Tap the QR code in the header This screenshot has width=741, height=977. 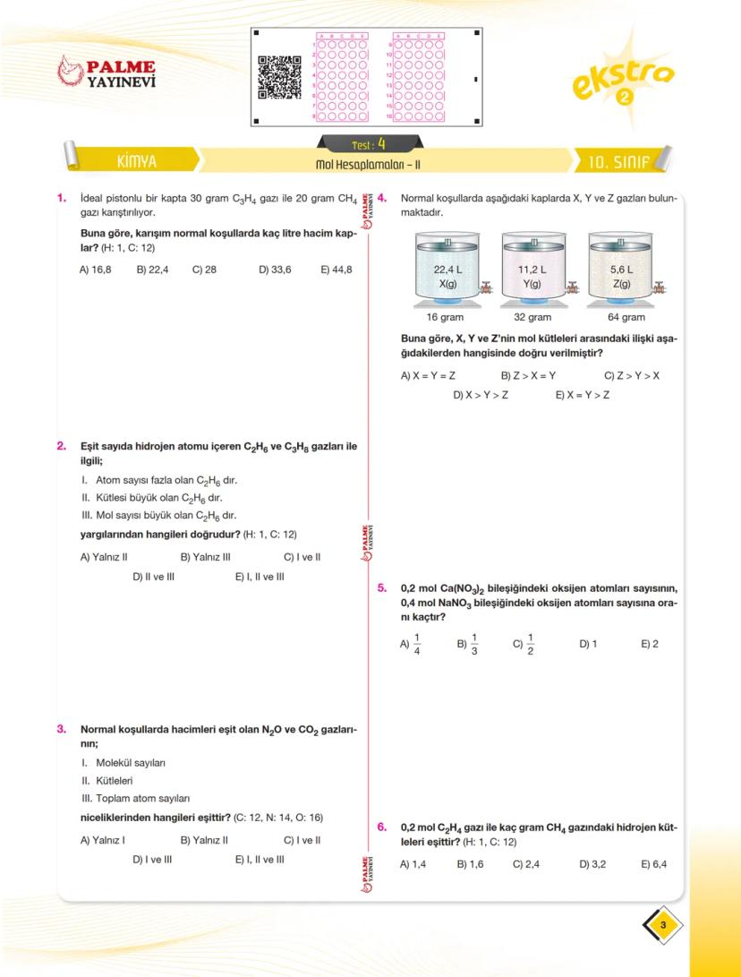pyautogui.click(x=279, y=77)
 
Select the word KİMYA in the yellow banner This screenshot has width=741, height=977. pyautogui.click(x=136, y=163)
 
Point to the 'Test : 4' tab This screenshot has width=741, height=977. pyautogui.click(x=369, y=143)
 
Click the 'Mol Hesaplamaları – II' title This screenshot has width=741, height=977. pyautogui.click(x=368, y=165)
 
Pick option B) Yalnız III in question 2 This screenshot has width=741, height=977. pyautogui.click(x=206, y=556)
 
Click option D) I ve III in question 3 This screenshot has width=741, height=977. pyautogui.click(x=152, y=859)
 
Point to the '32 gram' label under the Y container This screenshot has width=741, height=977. pyautogui.click(x=532, y=317)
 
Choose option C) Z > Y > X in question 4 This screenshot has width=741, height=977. pyautogui.click(x=631, y=375)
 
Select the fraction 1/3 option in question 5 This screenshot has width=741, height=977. pyautogui.click(x=469, y=643)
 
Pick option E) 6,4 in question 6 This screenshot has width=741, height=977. pyautogui.click(x=654, y=864)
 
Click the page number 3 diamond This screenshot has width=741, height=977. pyautogui.click(x=662, y=925)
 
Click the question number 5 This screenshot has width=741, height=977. pyautogui.click(x=381, y=588)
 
